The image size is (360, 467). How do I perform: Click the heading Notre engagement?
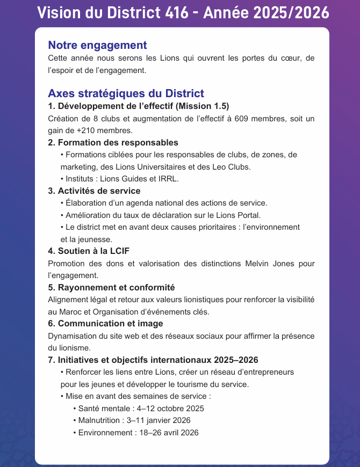pyautogui.click(x=97, y=45)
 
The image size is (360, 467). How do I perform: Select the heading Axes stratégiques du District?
pyautogui.click(x=126, y=93)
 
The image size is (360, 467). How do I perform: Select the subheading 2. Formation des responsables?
pyautogui.click(x=113, y=143)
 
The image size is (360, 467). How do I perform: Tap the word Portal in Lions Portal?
pyautogui.click(x=248, y=215)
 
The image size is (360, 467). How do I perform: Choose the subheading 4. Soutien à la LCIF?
pyautogui.click(x=89, y=251)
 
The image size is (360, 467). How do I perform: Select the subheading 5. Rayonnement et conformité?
pyautogui.click(x=111, y=287)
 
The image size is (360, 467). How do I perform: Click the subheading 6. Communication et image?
pyautogui.click(x=105, y=323)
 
